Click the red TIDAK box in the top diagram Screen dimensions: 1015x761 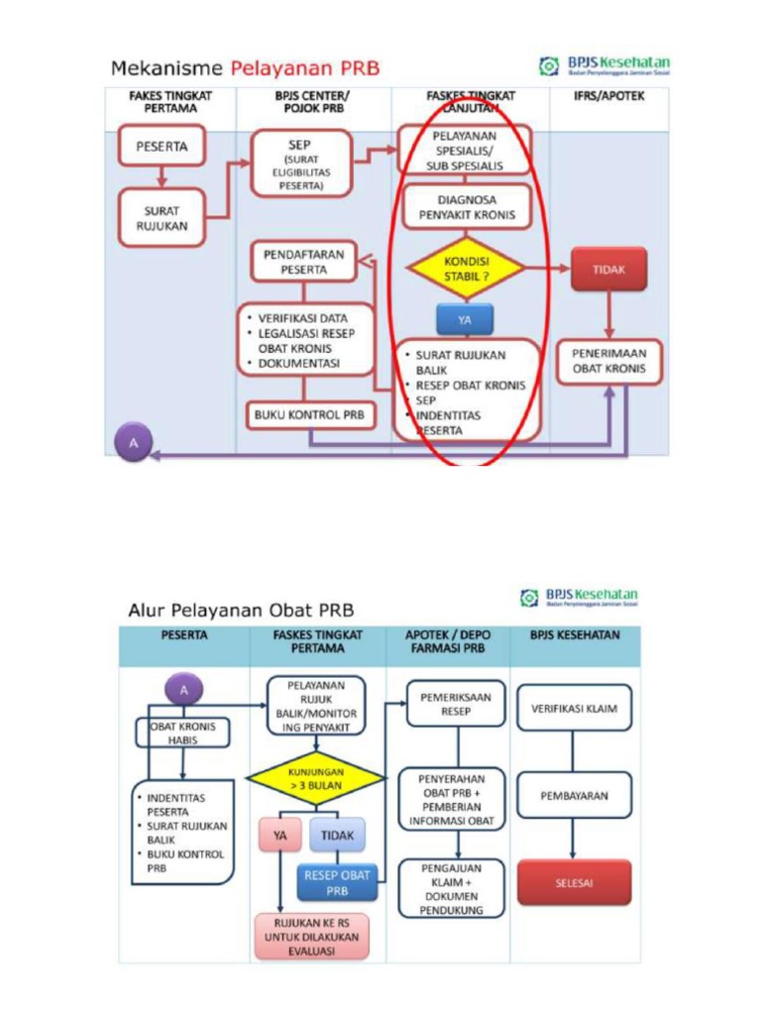click(x=608, y=269)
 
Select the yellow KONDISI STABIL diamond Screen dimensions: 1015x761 click(x=465, y=268)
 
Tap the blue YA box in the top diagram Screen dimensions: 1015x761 click(x=464, y=320)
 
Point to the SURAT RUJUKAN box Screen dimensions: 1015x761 click(x=162, y=218)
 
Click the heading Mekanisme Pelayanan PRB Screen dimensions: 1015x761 click(x=245, y=69)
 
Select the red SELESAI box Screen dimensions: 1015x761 click(x=574, y=882)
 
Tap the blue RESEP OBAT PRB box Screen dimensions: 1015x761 click(x=337, y=882)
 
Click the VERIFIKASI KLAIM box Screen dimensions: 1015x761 click(x=574, y=709)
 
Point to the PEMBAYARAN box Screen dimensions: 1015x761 click(x=574, y=795)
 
